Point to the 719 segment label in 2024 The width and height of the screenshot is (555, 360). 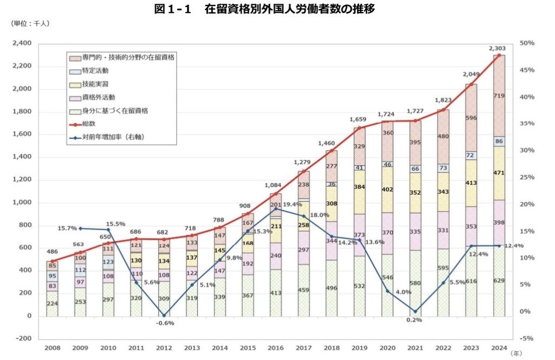point(499,96)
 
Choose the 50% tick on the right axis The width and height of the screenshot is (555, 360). point(527,43)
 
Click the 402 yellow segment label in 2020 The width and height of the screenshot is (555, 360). point(388,190)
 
